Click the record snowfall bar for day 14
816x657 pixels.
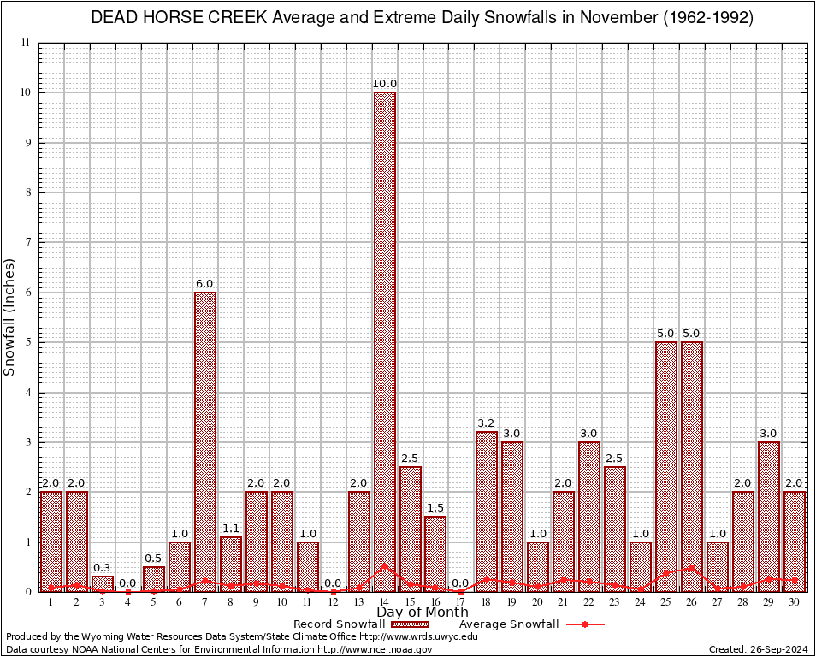pyautogui.click(x=385, y=341)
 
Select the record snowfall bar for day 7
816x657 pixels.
pyautogui.click(x=205, y=441)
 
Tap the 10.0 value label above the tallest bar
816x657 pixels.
pyautogui.click(x=385, y=84)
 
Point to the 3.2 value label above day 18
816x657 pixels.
pyautogui.click(x=487, y=423)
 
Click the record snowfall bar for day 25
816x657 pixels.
pyautogui.click(x=666, y=466)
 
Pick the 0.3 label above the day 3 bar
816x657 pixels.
pyautogui.click(x=103, y=568)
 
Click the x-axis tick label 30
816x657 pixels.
pyautogui.click(x=795, y=601)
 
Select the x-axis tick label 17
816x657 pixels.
pyautogui.click(x=461, y=601)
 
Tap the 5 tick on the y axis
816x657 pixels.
pyautogui.click(x=27, y=342)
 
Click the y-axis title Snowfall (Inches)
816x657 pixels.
pyautogui.click(x=10, y=317)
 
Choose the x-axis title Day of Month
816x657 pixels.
pyautogui.click(x=423, y=613)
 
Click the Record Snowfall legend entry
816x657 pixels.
pyautogui.click(x=339, y=624)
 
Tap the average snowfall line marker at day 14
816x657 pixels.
pyautogui.click(x=385, y=565)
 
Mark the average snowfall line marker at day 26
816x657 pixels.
pyautogui.click(x=692, y=567)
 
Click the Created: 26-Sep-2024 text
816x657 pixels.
pyautogui.click(x=759, y=649)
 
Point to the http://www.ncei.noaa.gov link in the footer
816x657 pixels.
pyautogui.click(x=375, y=649)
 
